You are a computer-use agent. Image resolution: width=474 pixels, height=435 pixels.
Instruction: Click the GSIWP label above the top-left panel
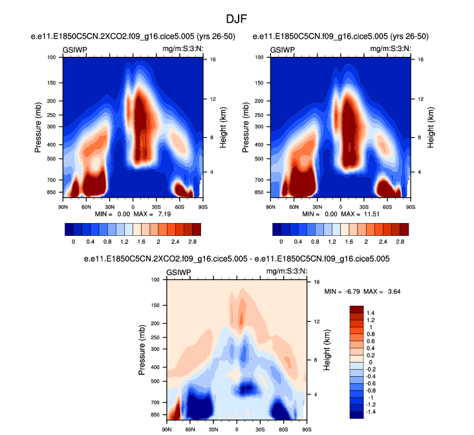[x=75, y=49]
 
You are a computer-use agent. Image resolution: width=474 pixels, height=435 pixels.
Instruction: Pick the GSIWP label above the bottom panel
[x=179, y=273]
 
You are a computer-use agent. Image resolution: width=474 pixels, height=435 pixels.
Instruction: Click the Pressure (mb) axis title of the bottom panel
[x=142, y=350]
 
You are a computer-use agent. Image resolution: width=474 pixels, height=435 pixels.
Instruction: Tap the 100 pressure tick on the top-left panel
[x=52, y=58]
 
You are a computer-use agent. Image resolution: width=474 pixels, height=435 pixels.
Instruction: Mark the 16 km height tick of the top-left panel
[x=212, y=60]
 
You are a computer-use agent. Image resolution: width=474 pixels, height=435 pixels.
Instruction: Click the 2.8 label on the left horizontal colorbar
[x=192, y=240]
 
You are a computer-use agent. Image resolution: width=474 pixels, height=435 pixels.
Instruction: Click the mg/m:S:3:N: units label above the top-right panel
[x=390, y=49]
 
